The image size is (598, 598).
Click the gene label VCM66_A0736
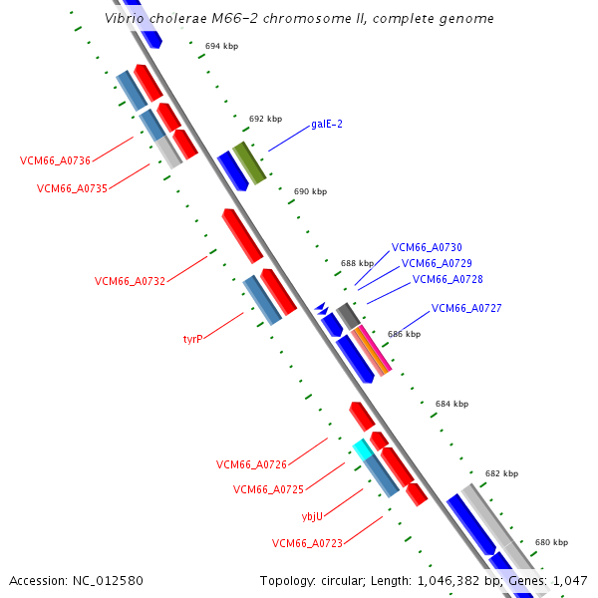[x=55, y=160]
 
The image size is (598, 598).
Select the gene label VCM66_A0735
[x=72, y=188]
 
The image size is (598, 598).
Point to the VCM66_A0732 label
[x=130, y=281]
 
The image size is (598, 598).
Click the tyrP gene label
[x=192, y=339]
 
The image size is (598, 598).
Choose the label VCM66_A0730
[x=427, y=247]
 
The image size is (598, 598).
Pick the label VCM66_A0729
[x=437, y=263]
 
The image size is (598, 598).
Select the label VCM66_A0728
[x=447, y=280]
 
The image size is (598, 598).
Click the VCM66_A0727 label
[x=466, y=309]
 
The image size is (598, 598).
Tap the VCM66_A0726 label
[x=251, y=464]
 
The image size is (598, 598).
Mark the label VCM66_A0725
[x=268, y=489]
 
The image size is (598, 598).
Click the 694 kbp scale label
[x=221, y=46]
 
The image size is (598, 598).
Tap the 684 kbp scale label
[x=451, y=404]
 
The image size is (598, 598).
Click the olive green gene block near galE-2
[x=249, y=162]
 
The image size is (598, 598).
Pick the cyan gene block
[x=362, y=449]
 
